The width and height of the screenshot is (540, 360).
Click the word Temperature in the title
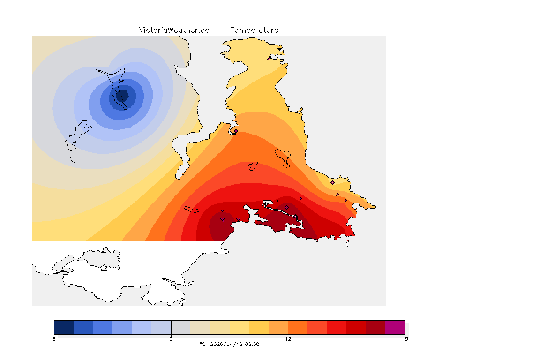[254, 30]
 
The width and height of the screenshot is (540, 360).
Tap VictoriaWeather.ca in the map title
[174, 30]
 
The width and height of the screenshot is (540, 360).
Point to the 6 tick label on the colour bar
[54, 339]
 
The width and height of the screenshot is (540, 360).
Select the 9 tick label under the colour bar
[171, 339]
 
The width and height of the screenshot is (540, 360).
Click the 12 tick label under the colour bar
[288, 339]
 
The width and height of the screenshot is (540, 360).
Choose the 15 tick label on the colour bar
[405, 339]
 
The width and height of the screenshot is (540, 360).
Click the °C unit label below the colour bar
[202, 344]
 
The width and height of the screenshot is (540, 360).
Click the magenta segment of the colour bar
[395, 327]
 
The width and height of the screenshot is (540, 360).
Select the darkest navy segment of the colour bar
[64, 327]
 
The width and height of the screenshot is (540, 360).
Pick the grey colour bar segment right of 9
[180, 327]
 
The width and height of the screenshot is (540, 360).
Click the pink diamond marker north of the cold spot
[108, 68]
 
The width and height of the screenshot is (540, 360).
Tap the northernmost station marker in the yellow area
[269, 59]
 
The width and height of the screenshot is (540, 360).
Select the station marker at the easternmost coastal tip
[374, 207]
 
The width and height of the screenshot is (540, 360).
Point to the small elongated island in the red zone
[192, 209]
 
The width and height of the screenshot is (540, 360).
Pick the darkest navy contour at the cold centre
[118, 97]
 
